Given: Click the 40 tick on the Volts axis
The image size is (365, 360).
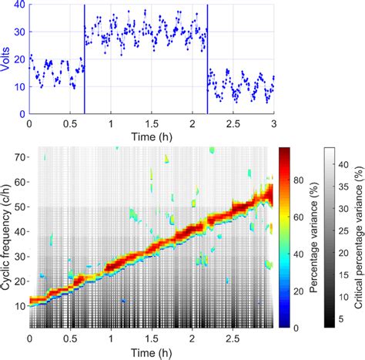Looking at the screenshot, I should pyautogui.click(x=19, y=6).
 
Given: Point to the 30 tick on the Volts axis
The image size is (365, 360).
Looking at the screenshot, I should pyautogui.click(x=19, y=33).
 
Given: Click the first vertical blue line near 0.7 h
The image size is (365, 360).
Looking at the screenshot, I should pyautogui.click(x=84, y=62).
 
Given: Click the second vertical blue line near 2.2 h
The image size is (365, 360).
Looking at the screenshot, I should pyautogui.click(x=207, y=62).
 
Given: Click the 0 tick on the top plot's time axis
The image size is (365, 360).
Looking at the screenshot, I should pyautogui.click(x=29, y=123).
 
